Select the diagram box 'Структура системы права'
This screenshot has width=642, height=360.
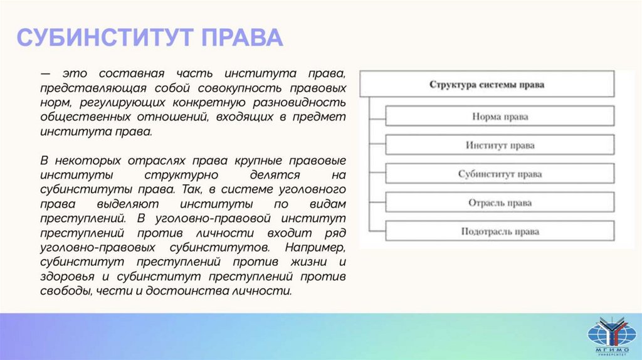tap(487, 84)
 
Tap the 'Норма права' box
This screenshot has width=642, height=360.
tap(500, 117)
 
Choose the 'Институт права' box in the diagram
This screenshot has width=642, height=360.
tap(500, 146)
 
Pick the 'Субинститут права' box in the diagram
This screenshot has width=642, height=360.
tap(500, 174)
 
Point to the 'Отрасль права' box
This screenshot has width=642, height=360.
tap(500, 203)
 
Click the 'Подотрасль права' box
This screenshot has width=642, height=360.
tap(500, 231)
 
